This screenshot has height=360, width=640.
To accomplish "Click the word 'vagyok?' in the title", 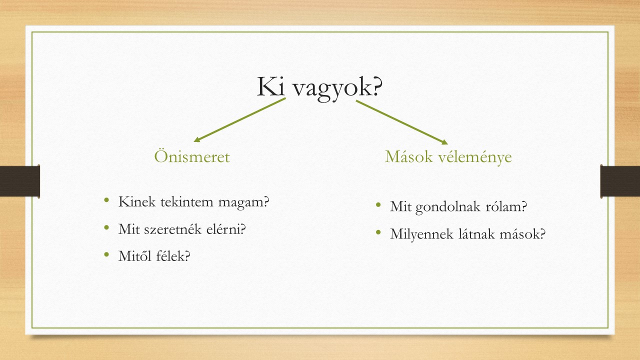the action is click(x=337, y=88).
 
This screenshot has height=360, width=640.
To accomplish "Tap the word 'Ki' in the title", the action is click(x=271, y=86).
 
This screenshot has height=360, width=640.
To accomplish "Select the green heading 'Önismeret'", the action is click(x=191, y=156).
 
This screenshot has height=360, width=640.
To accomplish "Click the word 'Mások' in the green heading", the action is click(x=408, y=156).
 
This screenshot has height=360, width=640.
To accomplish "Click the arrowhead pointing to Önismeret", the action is click(x=197, y=139).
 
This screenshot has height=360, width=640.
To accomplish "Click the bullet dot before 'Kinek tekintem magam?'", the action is click(x=107, y=200).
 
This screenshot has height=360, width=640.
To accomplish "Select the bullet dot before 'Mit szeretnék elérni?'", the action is click(x=107, y=227).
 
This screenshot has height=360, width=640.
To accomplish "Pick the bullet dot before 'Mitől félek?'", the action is click(x=107, y=254).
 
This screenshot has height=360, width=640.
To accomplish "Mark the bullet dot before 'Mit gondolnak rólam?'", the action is click(x=378, y=205).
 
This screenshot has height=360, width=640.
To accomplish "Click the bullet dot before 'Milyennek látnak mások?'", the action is click(x=378, y=232).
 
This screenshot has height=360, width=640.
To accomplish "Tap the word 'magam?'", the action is click(x=243, y=202).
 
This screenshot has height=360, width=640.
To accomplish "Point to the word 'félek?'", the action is click(x=173, y=255).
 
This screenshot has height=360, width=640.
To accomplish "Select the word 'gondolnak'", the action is click(x=447, y=207).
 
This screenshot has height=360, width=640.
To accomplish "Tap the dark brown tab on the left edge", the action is click(x=19, y=181).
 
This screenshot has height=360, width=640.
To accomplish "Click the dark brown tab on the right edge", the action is click(x=620, y=181).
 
